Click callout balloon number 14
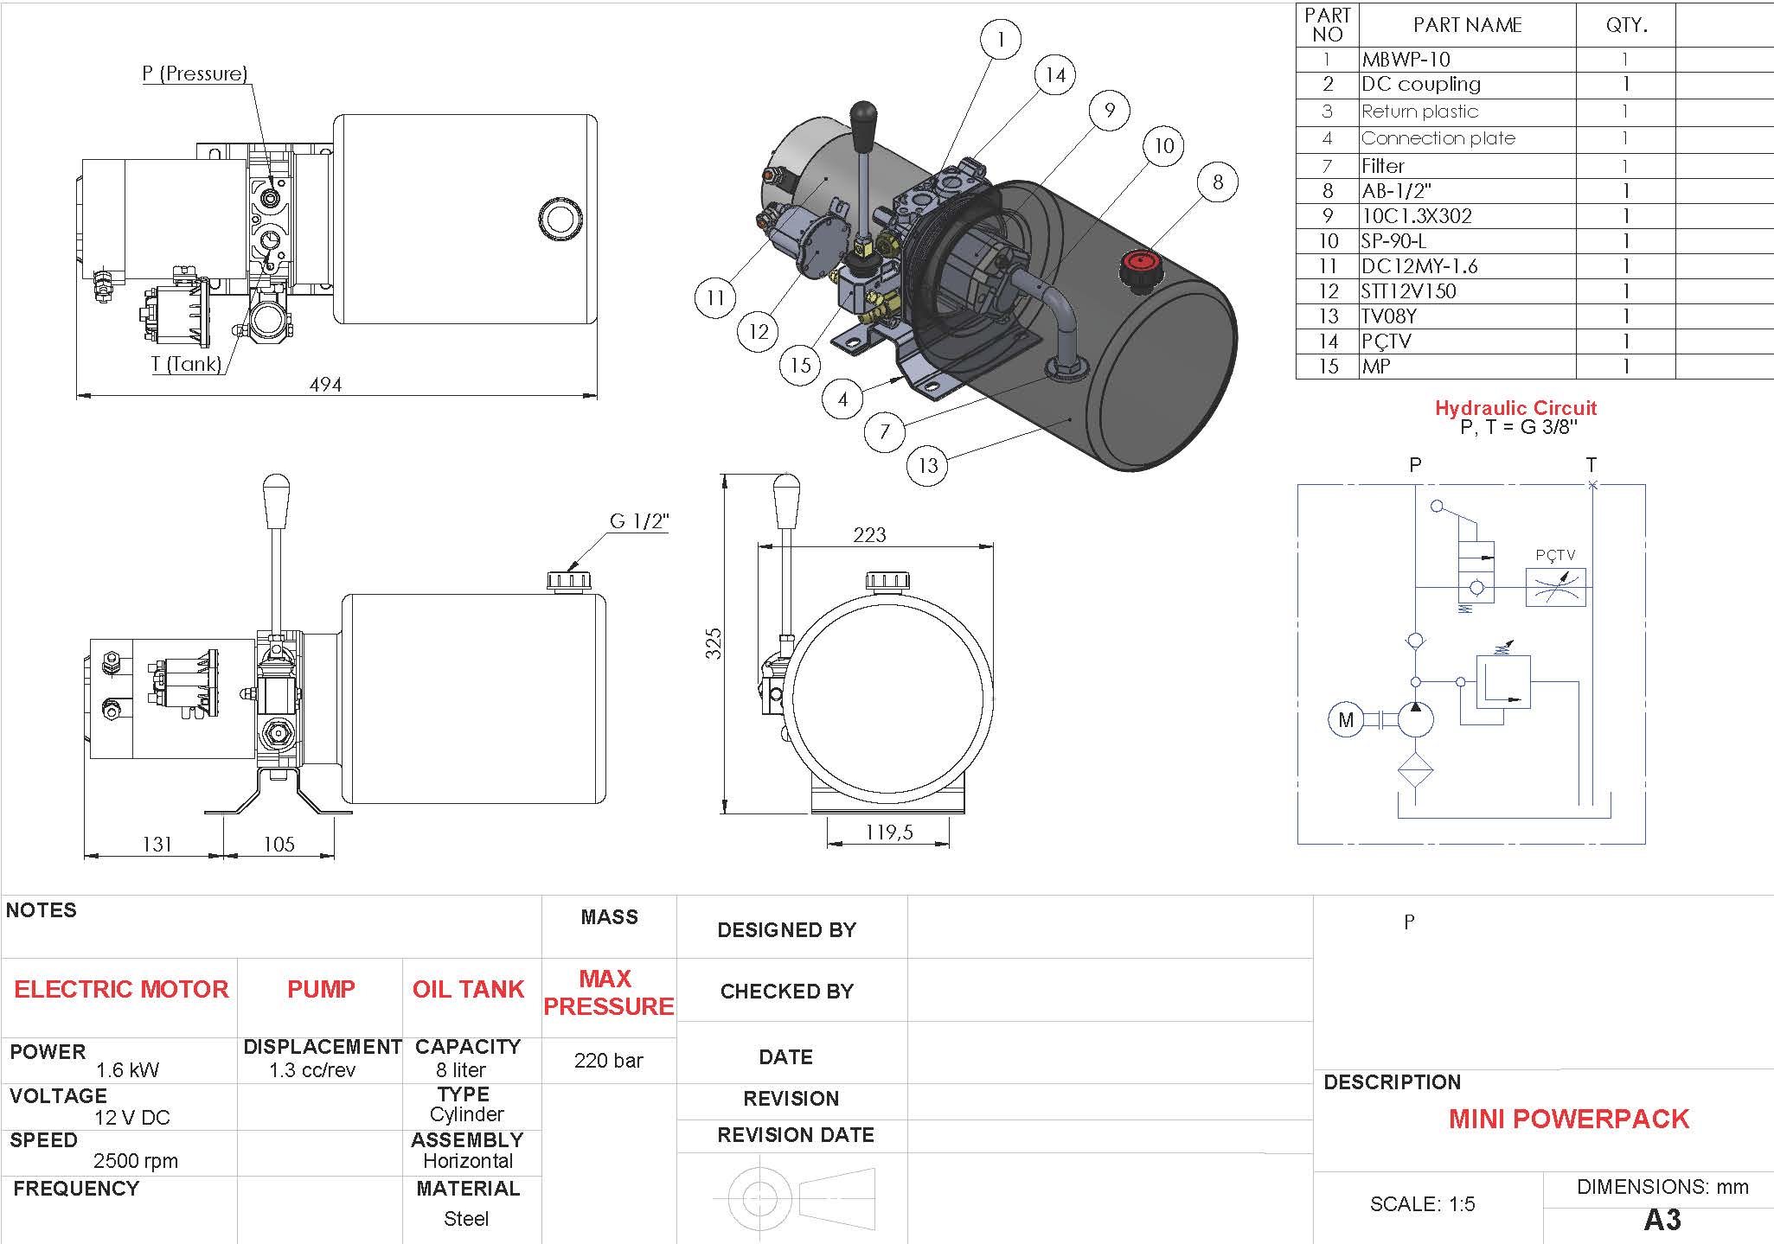1055,75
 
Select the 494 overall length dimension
325,384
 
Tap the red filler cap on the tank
1141,263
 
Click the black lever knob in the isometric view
861,124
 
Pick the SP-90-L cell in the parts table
1393,241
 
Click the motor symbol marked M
1345,719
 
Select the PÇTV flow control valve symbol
1555,587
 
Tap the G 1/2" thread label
639,521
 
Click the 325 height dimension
713,644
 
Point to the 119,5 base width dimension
889,833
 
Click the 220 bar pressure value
608,1061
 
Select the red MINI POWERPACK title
1568,1119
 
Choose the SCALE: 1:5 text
1422,1204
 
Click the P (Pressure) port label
195,73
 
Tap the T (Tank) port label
186,364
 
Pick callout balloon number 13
927,466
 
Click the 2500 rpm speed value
136,1161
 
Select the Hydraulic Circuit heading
1515,408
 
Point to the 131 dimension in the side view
157,844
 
